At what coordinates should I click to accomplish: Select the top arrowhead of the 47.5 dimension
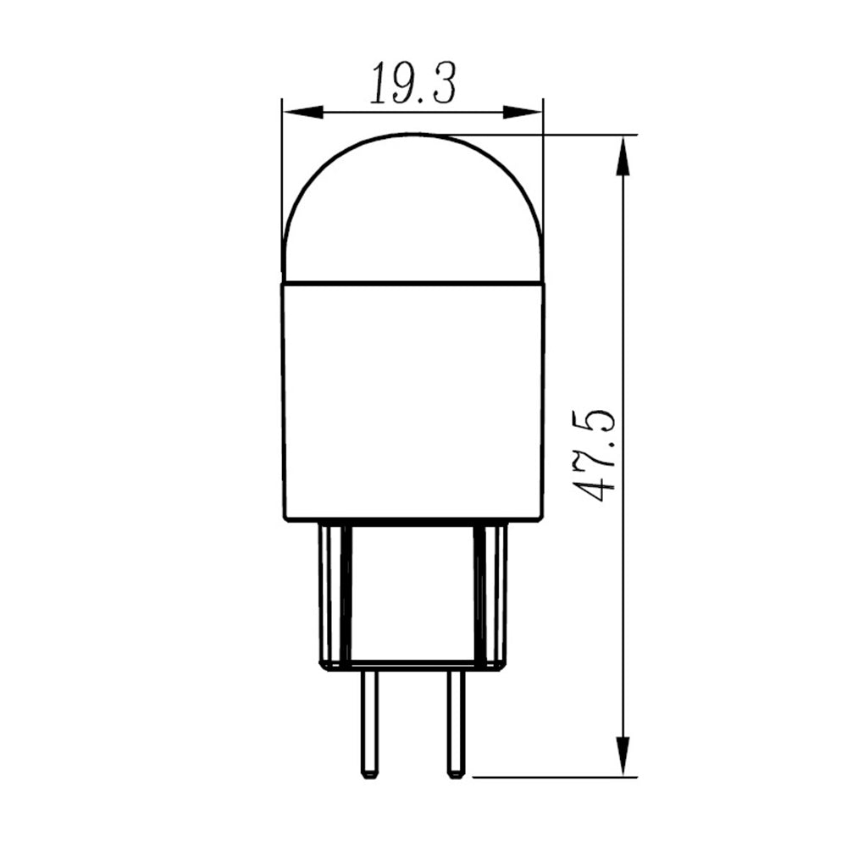pyautogui.click(x=623, y=157)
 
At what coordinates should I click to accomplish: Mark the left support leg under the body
pyautogui.click(x=335, y=593)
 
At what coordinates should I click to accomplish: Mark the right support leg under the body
pyautogui.click(x=490, y=593)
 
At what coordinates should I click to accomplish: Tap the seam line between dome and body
pyautogui.click(x=412, y=281)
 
